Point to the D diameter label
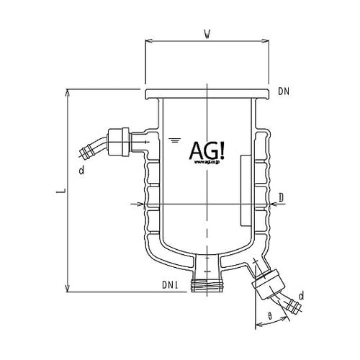(282, 197)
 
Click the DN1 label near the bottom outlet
(171, 287)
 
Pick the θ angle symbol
(269, 315)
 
